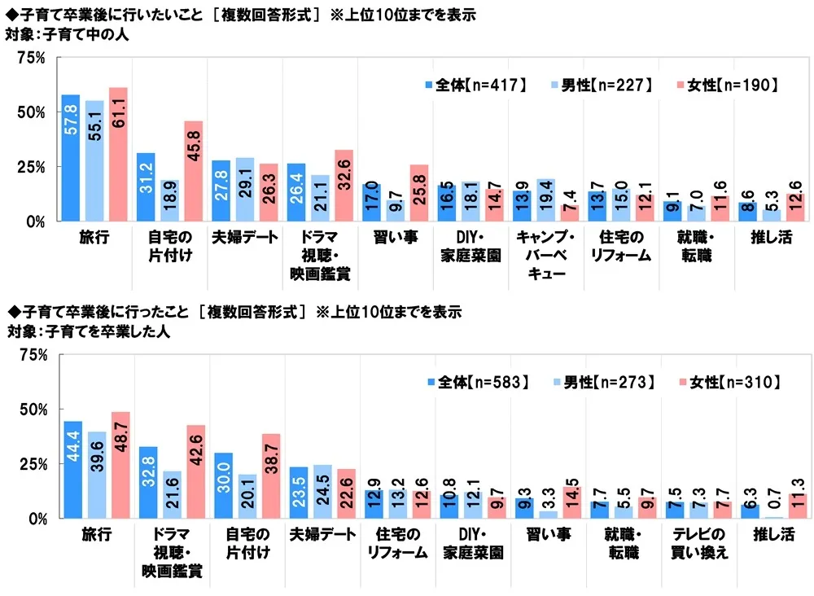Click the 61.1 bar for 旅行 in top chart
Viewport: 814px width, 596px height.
click(x=118, y=155)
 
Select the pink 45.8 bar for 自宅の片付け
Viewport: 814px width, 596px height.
click(x=193, y=171)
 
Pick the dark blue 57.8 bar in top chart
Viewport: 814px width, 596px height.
click(x=71, y=158)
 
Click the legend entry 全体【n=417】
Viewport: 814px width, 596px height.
click(x=480, y=84)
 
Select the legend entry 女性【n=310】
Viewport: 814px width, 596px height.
click(x=730, y=380)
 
